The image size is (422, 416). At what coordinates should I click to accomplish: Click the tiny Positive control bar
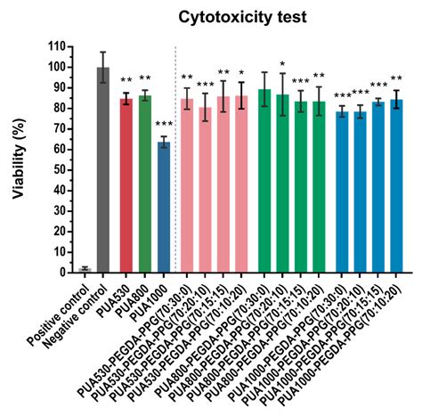[85, 269]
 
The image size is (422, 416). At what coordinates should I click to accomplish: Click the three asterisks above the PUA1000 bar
[164, 125]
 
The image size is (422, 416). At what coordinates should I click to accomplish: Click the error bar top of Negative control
[103, 52]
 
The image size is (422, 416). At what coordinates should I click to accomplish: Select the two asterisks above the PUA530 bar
[126, 80]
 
